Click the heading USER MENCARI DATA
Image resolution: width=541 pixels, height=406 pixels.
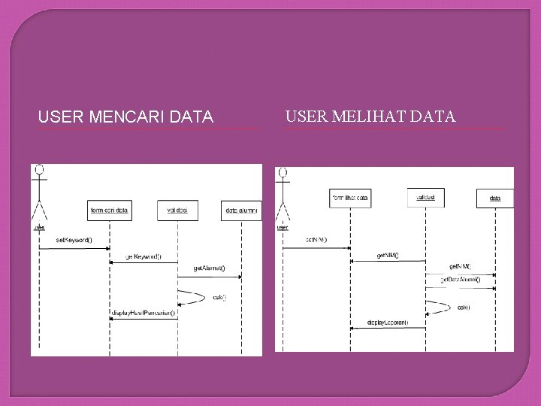tap(125, 117)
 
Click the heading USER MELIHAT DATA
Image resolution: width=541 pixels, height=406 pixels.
tap(370, 117)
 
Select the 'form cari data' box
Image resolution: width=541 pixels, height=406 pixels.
tap(109, 211)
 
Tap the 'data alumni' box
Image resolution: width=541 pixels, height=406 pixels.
tap(242, 211)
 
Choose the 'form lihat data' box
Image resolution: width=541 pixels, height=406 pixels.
tap(350, 197)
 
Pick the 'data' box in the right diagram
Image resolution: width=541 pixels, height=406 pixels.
tap(496, 198)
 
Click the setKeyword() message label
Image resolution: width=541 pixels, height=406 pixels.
tap(74, 241)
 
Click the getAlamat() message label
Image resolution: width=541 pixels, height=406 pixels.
tap(209, 268)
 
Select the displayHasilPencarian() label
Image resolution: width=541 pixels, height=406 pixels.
tap(144, 313)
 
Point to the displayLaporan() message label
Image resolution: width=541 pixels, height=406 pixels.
tap(388, 322)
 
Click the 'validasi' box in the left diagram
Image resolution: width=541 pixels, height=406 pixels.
tap(177, 211)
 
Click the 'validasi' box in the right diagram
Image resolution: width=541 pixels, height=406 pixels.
tap(425, 197)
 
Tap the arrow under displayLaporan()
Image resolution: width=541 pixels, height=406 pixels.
tap(388, 328)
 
